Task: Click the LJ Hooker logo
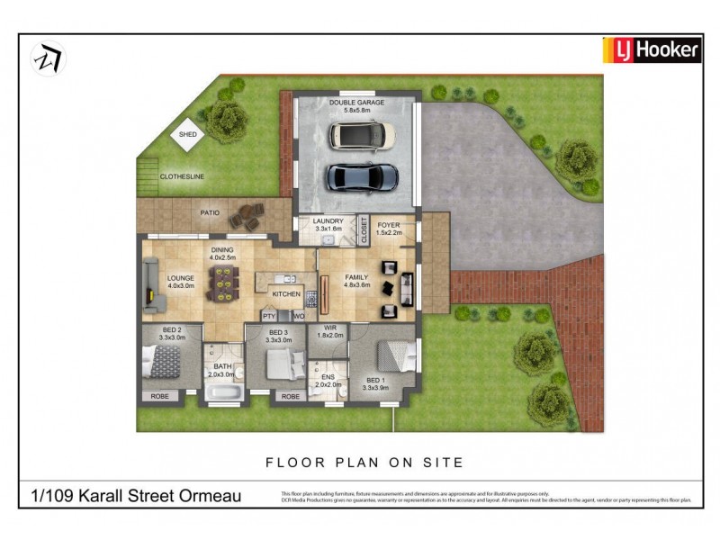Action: pyautogui.click(x=651, y=50)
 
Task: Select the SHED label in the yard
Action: pyautogui.click(x=187, y=134)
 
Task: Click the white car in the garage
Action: pyautogui.click(x=361, y=136)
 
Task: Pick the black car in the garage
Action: pyautogui.click(x=362, y=176)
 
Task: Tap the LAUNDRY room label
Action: pyautogui.click(x=329, y=225)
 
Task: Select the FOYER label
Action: pyautogui.click(x=389, y=225)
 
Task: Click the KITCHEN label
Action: pyautogui.click(x=285, y=294)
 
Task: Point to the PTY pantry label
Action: pyautogui.click(x=268, y=316)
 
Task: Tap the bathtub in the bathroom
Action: pyautogui.click(x=221, y=393)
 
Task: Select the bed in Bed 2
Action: pyautogui.click(x=165, y=364)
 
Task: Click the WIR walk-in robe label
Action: pyautogui.click(x=331, y=329)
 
